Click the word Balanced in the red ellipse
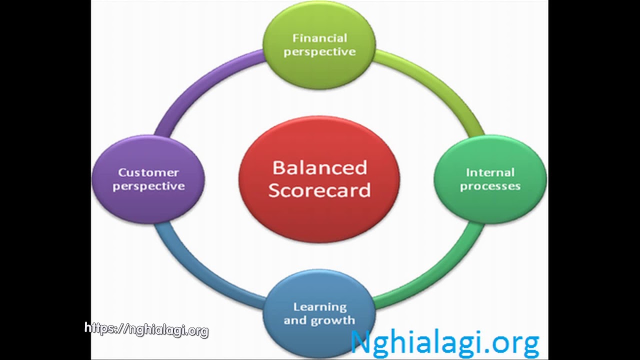319,168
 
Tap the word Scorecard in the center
319,190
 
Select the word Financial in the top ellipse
319,38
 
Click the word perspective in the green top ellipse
319,52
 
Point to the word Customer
148,172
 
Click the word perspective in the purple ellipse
148,186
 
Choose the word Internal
490,172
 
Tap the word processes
490,186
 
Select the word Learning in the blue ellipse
319,307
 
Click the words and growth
319,320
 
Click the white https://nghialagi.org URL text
146,329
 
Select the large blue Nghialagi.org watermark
444,343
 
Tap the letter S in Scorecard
275,190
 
